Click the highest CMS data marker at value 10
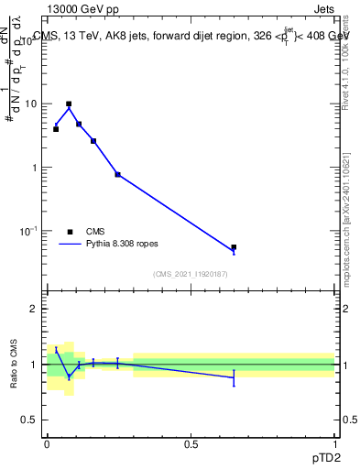pos(69,104)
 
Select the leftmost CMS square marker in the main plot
pos(56,129)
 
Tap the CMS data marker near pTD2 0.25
pos(117,174)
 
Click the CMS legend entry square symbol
pos(71,232)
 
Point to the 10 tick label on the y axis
pos(33,104)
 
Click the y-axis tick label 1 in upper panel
pos(37,168)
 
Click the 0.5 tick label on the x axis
pos(191,444)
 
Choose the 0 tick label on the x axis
pos(47,444)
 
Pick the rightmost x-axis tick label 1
pos(335,444)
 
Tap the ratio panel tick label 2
pos(37,309)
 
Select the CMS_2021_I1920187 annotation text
pos(191,274)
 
